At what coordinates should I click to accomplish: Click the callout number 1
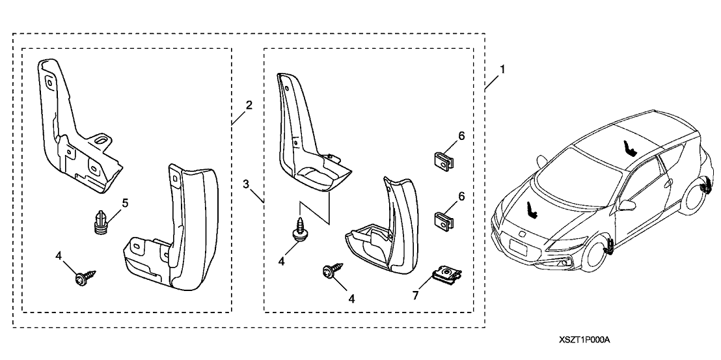click(501, 68)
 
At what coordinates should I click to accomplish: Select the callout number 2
click(249, 104)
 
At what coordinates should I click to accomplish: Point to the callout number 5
click(125, 202)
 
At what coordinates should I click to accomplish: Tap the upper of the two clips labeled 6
click(442, 161)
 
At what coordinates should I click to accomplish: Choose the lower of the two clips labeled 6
click(442, 221)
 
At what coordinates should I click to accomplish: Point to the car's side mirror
click(628, 205)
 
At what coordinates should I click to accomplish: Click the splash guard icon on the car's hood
click(532, 210)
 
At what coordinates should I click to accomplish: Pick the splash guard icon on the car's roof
click(629, 149)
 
